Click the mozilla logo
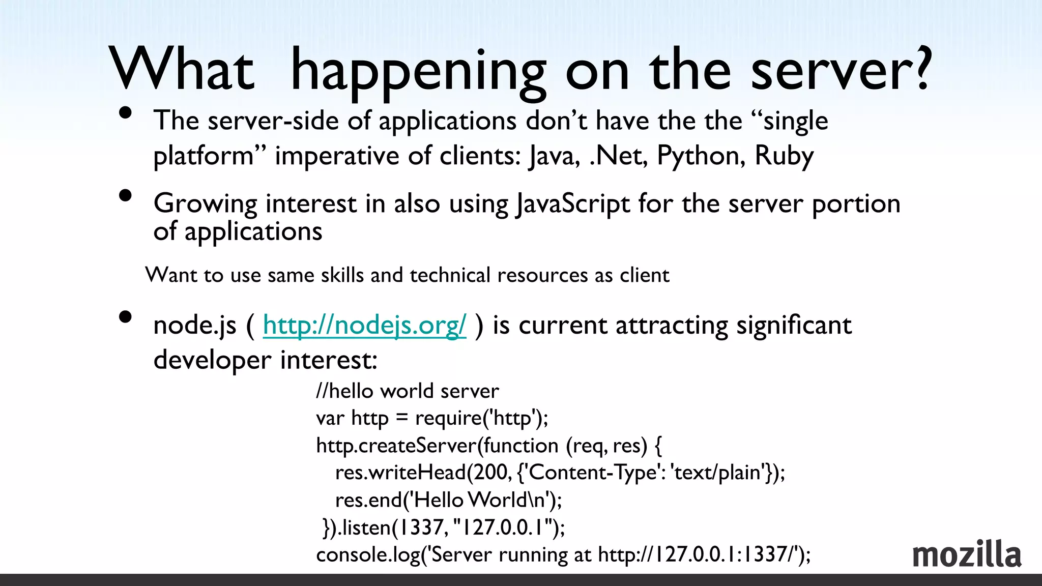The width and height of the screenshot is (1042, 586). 967,554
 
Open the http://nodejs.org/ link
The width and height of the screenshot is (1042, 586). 364,325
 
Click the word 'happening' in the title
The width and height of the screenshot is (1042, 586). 417,71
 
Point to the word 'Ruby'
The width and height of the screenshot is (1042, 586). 784,156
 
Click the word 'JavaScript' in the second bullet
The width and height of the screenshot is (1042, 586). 572,204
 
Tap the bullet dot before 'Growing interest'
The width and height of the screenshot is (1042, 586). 125,196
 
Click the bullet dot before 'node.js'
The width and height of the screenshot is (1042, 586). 125,317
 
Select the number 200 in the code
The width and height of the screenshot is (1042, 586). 491,473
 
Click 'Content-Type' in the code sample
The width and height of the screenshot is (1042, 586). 593,473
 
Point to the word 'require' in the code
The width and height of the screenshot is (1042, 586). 448,418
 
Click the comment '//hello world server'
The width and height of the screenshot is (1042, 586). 408,391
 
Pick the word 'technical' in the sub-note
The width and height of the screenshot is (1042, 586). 450,275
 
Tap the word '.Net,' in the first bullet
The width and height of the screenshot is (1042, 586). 618,156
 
